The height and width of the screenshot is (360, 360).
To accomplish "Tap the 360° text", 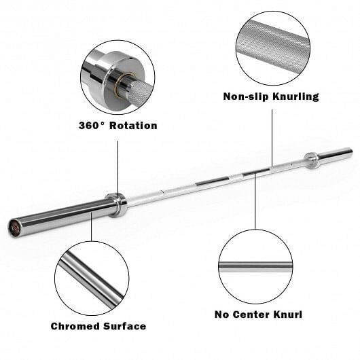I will pyautogui.click(x=92, y=126).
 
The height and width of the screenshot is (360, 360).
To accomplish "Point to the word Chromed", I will pyautogui.click(x=75, y=326).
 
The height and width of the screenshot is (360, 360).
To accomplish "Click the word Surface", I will pyautogui.click(x=124, y=326).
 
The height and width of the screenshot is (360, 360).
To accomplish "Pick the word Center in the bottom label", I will pyautogui.click(x=255, y=314).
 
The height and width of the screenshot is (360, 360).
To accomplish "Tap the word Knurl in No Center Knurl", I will pyautogui.click(x=288, y=314).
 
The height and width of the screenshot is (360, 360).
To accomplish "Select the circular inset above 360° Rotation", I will pyautogui.click(x=117, y=77).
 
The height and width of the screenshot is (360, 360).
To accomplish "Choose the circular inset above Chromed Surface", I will pyautogui.click(x=91, y=278).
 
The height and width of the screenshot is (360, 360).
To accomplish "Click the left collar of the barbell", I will pyautogui.click(x=117, y=204).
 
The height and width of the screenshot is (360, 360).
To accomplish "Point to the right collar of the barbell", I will pyautogui.click(x=311, y=160).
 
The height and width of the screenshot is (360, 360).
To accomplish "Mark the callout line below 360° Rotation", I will pyautogui.click(x=117, y=166).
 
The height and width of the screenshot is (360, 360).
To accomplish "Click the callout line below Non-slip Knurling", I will pyautogui.click(x=272, y=136).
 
